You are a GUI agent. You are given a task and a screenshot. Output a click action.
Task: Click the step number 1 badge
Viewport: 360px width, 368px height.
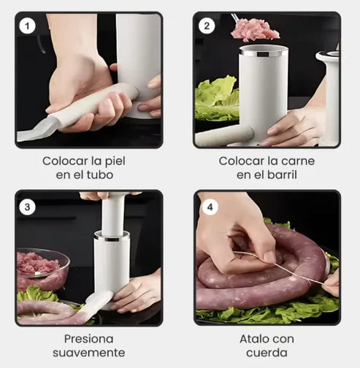[27, 26]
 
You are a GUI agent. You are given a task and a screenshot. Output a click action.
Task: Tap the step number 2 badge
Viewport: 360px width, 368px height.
[207, 26]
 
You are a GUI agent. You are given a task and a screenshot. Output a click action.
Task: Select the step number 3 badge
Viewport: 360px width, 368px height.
[27, 207]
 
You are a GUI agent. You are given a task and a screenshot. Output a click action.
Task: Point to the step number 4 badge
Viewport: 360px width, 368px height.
[210, 207]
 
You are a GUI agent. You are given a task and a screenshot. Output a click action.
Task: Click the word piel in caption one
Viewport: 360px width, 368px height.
[115, 161]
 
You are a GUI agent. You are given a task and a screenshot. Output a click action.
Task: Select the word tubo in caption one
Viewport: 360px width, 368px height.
[100, 175]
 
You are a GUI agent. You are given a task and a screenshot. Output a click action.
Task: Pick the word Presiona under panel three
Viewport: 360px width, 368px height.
[88, 339]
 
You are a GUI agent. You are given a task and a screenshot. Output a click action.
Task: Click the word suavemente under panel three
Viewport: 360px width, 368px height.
[89, 353]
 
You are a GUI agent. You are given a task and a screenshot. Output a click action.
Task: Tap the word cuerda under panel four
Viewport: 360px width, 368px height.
[267, 353]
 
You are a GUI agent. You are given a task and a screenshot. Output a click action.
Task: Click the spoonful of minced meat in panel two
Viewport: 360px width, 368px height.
[254, 30]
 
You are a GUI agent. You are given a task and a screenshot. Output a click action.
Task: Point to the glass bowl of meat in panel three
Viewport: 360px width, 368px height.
[42, 269]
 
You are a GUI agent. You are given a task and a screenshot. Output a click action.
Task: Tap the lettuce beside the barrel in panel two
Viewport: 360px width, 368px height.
[217, 99]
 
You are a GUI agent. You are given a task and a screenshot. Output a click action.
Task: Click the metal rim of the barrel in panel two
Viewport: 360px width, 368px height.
[264, 52]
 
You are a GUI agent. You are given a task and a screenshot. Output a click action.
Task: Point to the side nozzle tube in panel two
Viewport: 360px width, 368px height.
[224, 137]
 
